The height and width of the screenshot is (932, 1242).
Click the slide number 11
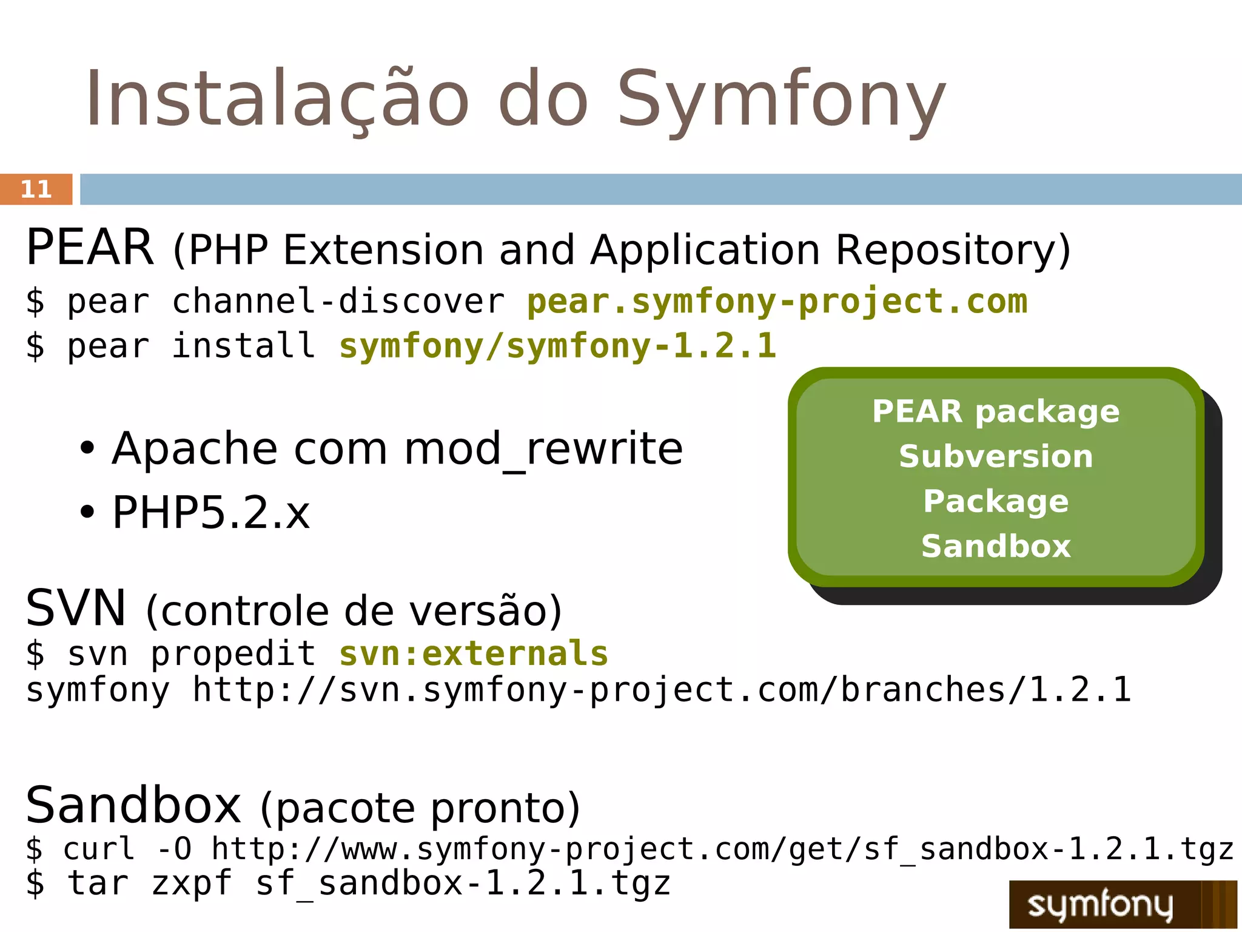coord(36,189)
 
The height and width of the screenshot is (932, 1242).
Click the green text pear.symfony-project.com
coord(777,302)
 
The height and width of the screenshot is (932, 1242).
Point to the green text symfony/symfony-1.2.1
coord(557,346)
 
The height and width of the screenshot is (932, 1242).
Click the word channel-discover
coord(338,302)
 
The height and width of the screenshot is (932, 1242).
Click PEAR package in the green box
coord(996,412)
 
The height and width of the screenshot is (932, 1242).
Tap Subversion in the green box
coord(996,456)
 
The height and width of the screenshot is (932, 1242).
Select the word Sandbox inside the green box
coord(996,546)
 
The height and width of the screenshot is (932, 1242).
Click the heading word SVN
coord(76,609)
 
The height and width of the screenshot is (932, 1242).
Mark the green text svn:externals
coord(474,653)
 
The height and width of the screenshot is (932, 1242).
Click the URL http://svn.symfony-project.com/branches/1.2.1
coord(662,690)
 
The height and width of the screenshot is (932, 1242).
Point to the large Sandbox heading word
coord(133,805)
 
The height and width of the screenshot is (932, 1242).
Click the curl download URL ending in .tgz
coord(722,849)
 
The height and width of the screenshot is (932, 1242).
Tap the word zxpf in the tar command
coord(191,883)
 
